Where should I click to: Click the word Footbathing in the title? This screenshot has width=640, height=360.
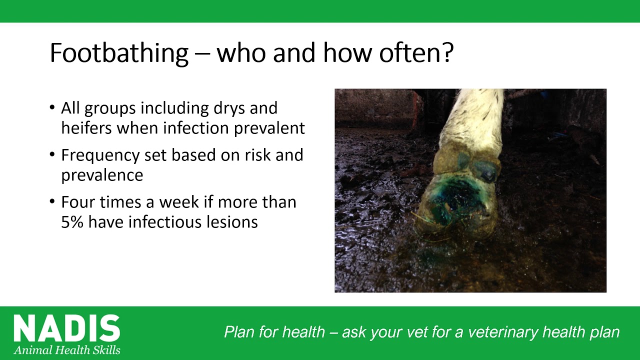tap(119, 53)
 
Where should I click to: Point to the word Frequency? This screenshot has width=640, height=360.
tap(100, 156)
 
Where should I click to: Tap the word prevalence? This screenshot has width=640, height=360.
tap(102, 175)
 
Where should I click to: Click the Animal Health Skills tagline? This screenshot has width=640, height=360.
tap(67, 350)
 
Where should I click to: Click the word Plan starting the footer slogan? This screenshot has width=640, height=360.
tap(239, 332)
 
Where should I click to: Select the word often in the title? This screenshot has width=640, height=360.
tap(410, 52)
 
